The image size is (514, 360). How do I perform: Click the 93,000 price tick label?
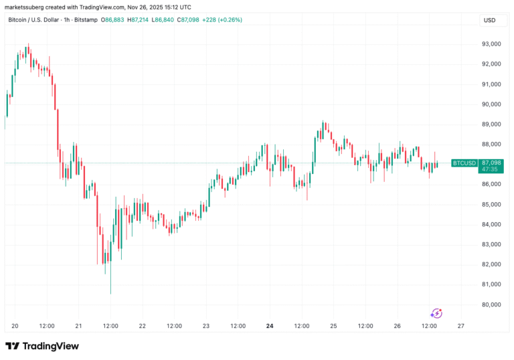click(x=491, y=44)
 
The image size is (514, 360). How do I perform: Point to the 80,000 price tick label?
click(x=491, y=304)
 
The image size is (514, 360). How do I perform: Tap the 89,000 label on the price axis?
click(x=491, y=124)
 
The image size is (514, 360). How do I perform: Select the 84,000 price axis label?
click(x=491, y=224)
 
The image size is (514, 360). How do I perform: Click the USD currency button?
click(x=489, y=20)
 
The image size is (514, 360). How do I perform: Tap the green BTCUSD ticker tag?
click(x=464, y=163)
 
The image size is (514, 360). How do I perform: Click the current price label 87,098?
click(x=491, y=163)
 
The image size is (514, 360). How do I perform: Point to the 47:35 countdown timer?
click(x=489, y=170)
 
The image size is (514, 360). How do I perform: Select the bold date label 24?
click(x=270, y=326)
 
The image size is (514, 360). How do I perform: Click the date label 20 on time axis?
click(x=15, y=326)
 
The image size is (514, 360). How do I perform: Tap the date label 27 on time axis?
click(x=460, y=326)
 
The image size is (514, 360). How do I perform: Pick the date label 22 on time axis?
click(x=142, y=326)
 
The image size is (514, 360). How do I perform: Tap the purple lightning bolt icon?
click(x=436, y=312)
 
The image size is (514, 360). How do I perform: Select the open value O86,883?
click(x=111, y=19)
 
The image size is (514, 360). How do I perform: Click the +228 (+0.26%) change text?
click(x=222, y=19)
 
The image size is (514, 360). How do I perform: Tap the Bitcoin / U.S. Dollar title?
click(x=33, y=19)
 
